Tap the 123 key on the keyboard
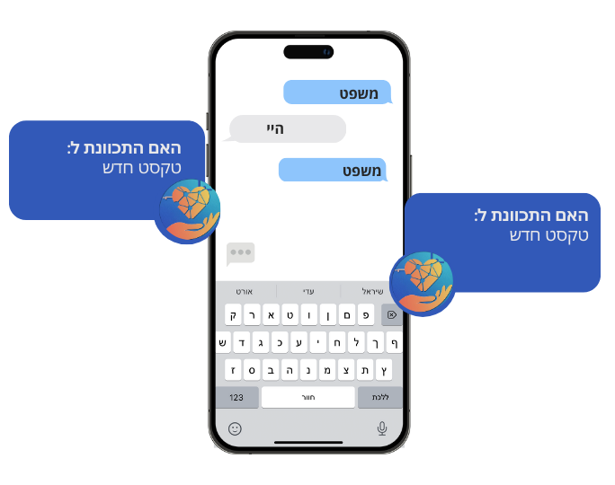[x=236, y=397]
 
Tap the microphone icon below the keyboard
[x=382, y=428]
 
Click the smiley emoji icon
[x=235, y=428]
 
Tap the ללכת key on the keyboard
[x=380, y=397]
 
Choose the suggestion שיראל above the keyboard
[x=373, y=291]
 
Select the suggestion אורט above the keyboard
[x=245, y=291]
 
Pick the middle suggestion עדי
[x=308, y=291]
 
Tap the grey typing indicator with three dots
[x=241, y=253]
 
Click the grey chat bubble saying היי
[x=288, y=129]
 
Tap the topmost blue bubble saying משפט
[x=338, y=93]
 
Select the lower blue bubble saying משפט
[x=333, y=170]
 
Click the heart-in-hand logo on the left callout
[x=188, y=212]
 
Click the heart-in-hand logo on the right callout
[x=422, y=283]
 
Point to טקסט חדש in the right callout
[x=548, y=235]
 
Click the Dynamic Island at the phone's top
[x=308, y=52]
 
